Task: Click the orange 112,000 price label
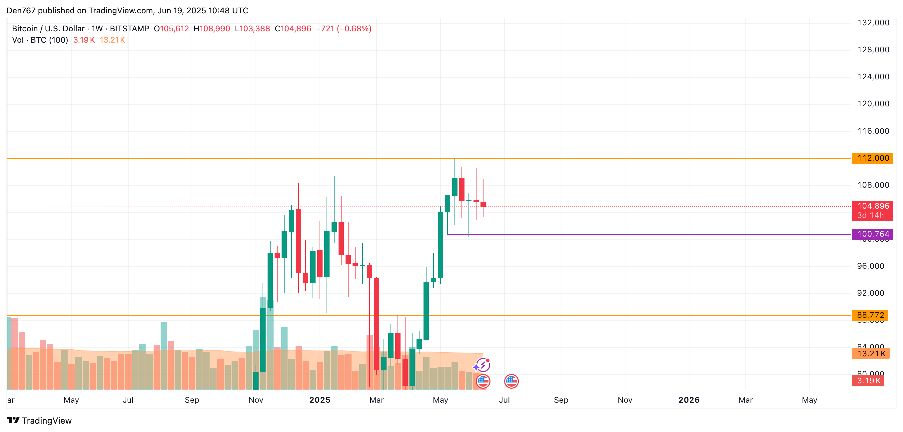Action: click(x=872, y=158)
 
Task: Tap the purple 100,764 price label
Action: click(x=872, y=234)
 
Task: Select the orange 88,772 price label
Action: click(x=870, y=315)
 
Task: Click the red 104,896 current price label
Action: click(x=872, y=206)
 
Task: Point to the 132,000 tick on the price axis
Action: click(x=873, y=23)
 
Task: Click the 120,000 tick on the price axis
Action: click(x=873, y=104)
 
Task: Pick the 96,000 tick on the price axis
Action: click(x=870, y=266)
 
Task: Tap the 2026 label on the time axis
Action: click(x=688, y=400)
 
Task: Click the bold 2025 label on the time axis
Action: click(x=320, y=400)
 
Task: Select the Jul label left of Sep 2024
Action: click(x=128, y=400)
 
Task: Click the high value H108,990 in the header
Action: click(x=212, y=29)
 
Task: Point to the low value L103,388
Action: click(x=252, y=29)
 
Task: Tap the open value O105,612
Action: click(x=171, y=29)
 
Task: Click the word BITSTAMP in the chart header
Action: click(x=129, y=29)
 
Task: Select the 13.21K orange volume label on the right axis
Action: click(x=871, y=353)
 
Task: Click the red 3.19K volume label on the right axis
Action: click(x=868, y=380)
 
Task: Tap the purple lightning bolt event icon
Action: click(x=483, y=365)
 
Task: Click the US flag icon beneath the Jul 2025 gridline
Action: click(x=511, y=381)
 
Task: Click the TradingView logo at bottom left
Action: click(x=39, y=420)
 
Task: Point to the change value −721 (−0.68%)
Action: click(x=344, y=29)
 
